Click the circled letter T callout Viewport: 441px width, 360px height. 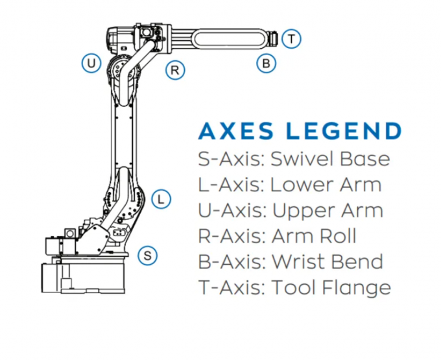click(x=292, y=39)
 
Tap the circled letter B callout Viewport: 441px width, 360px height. click(x=266, y=64)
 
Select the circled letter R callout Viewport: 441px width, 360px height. click(x=174, y=69)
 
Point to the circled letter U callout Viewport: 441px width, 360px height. click(x=91, y=63)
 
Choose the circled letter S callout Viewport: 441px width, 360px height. click(x=148, y=256)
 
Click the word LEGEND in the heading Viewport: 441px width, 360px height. click(x=345, y=131)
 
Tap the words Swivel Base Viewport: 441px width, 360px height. click(x=329, y=160)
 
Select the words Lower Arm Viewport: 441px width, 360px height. click(x=325, y=185)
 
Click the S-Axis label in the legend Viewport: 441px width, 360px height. click(x=230, y=160)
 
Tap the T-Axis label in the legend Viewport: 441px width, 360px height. click(x=230, y=287)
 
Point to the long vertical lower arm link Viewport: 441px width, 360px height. click(x=125, y=136)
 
